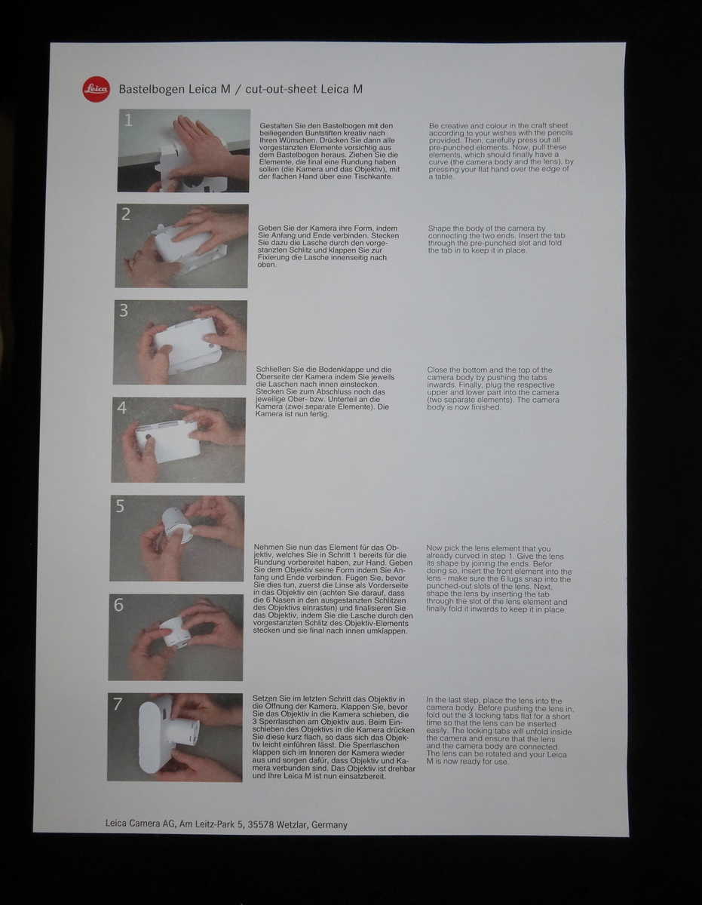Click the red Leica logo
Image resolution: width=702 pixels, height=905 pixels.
pyautogui.click(x=96, y=89)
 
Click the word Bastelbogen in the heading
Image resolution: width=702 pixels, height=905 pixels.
pyautogui.click(x=149, y=89)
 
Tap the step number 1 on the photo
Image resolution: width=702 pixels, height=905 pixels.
pyautogui.click(x=128, y=120)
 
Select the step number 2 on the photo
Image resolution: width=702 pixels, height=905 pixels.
pyautogui.click(x=126, y=215)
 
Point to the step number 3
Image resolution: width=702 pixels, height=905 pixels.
pyautogui.click(x=124, y=311)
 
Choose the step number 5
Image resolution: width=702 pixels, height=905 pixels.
pyautogui.click(x=120, y=506)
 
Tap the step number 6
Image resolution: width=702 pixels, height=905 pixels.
pyautogui.click(x=119, y=605)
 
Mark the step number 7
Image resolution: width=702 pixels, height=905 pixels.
pyautogui.click(x=118, y=704)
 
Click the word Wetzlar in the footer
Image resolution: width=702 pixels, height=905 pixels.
pyautogui.click(x=289, y=824)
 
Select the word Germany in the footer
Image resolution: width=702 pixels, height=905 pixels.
pyautogui.click(x=330, y=824)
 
